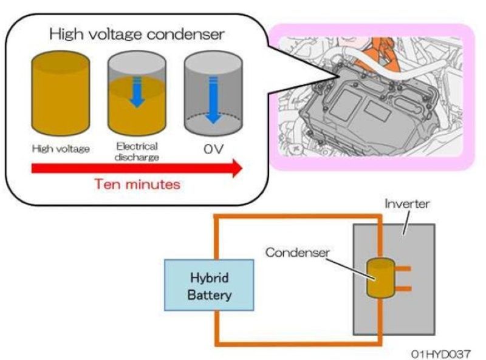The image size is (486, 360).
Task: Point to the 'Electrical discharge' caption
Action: [x=137, y=151]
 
